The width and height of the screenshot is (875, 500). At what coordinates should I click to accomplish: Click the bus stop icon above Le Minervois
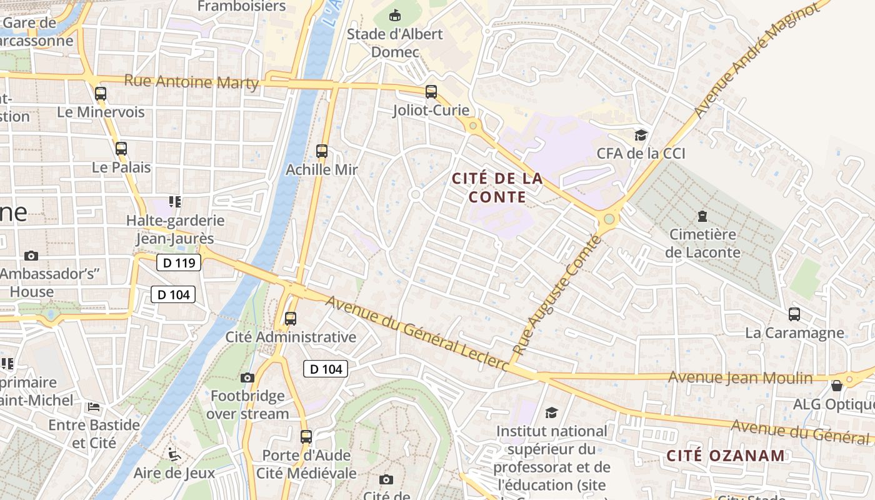tap(101, 94)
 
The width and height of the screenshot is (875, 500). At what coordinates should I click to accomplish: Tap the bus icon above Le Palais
tap(121, 149)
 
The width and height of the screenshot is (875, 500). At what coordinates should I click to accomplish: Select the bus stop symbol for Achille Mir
tap(322, 151)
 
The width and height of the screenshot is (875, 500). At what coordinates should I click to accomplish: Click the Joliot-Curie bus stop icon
tap(431, 92)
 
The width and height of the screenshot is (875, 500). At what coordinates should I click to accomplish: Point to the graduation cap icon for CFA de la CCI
tap(641, 135)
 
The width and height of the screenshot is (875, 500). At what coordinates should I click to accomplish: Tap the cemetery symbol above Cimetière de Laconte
tap(702, 216)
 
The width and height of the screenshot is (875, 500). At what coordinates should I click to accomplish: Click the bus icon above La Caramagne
tap(794, 314)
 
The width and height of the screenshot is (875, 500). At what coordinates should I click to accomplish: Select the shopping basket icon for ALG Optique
tap(837, 386)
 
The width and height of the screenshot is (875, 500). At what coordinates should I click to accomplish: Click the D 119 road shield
tap(179, 263)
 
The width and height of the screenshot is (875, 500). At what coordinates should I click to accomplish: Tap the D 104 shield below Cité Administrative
tap(326, 369)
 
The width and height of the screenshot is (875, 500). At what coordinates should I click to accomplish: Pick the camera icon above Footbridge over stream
tap(247, 377)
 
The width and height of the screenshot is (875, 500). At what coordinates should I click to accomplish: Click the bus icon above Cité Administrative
tap(291, 319)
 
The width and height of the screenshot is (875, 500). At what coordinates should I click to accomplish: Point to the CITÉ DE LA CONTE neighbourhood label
tap(497, 187)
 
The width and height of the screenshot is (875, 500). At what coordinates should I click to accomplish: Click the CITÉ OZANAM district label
tap(725, 455)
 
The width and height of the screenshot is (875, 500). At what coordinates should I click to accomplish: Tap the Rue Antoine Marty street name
tap(191, 82)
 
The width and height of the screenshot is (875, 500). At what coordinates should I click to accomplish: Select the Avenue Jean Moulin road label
tap(740, 377)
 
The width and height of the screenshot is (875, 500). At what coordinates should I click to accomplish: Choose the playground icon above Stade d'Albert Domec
tap(395, 14)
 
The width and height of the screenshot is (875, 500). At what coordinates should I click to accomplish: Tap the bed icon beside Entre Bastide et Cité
tap(94, 407)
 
